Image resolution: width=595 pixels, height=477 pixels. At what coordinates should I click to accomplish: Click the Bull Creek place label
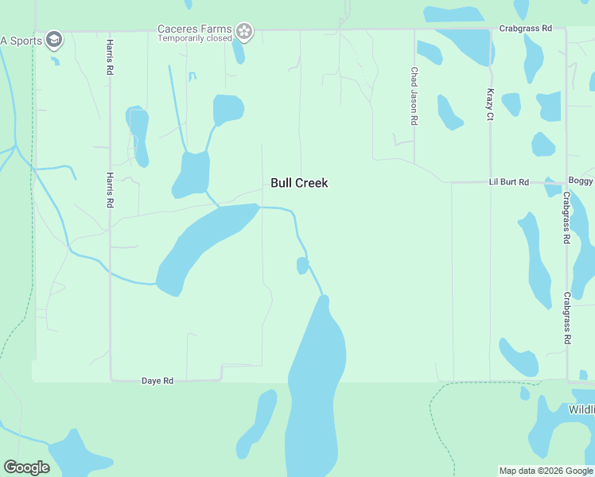coord(299,183)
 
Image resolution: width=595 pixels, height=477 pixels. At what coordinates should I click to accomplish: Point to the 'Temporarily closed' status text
coord(195,38)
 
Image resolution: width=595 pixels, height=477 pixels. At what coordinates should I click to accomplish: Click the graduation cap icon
coord(54,39)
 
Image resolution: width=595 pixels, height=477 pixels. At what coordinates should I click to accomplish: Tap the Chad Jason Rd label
coord(414,96)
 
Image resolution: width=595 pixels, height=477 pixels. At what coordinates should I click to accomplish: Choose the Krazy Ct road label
coord(490,104)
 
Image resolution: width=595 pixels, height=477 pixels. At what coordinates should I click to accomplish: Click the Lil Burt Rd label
coord(508,182)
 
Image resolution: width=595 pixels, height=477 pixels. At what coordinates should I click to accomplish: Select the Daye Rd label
coord(157,381)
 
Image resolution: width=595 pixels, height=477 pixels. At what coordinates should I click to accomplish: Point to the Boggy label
coord(581,181)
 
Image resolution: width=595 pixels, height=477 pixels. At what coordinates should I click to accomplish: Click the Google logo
coord(26,467)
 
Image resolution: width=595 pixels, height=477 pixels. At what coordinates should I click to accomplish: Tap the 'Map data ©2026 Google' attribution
coord(546,471)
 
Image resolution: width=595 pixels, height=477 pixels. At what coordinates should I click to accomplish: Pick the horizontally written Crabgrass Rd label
coord(526,29)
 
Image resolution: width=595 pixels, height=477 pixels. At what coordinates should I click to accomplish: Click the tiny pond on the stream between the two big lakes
coord(302,266)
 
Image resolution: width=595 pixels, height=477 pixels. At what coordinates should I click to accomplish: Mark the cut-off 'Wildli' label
coord(581,409)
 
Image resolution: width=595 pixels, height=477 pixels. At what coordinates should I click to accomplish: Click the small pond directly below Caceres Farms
coord(238,52)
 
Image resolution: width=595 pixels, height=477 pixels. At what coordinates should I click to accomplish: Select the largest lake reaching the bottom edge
coord(317,390)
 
